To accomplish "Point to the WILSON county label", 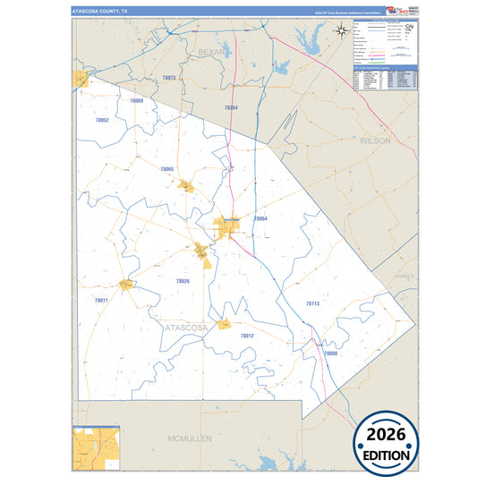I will point(375,141).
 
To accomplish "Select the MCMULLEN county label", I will point(188,439).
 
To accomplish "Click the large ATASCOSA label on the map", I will point(187,328).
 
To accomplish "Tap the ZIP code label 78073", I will point(168,78).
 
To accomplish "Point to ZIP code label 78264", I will point(231,107).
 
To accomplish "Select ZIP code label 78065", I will point(166,169).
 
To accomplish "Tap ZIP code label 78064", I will point(260,218).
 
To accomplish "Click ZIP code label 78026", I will point(183,281).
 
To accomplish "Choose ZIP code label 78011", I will point(101,300).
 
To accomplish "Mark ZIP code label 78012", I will point(247,336).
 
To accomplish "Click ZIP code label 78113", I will point(312,304).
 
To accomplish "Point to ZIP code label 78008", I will point(330,353).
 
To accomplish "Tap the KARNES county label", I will point(407,277).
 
